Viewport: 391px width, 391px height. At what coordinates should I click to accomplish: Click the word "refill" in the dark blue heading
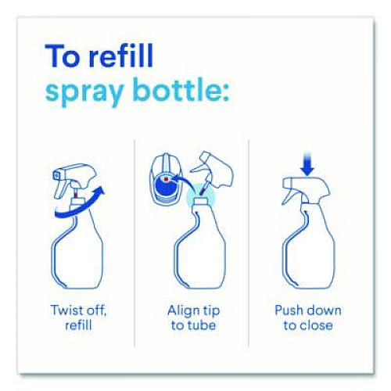click(121, 56)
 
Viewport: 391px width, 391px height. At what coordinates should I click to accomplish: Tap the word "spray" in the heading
click(84, 92)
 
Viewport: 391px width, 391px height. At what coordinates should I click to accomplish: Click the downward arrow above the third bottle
click(307, 163)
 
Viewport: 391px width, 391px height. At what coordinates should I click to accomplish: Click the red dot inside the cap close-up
click(166, 179)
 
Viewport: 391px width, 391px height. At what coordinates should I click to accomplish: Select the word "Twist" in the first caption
click(66, 310)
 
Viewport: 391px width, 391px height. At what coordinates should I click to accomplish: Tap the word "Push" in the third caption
click(289, 310)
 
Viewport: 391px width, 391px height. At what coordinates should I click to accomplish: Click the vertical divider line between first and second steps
click(135, 244)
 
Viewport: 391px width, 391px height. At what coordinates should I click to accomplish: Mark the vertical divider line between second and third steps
click(249, 244)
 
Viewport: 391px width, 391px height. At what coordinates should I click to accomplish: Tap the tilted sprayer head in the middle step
click(213, 170)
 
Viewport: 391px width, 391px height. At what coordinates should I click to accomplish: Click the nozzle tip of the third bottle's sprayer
click(285, 182)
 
